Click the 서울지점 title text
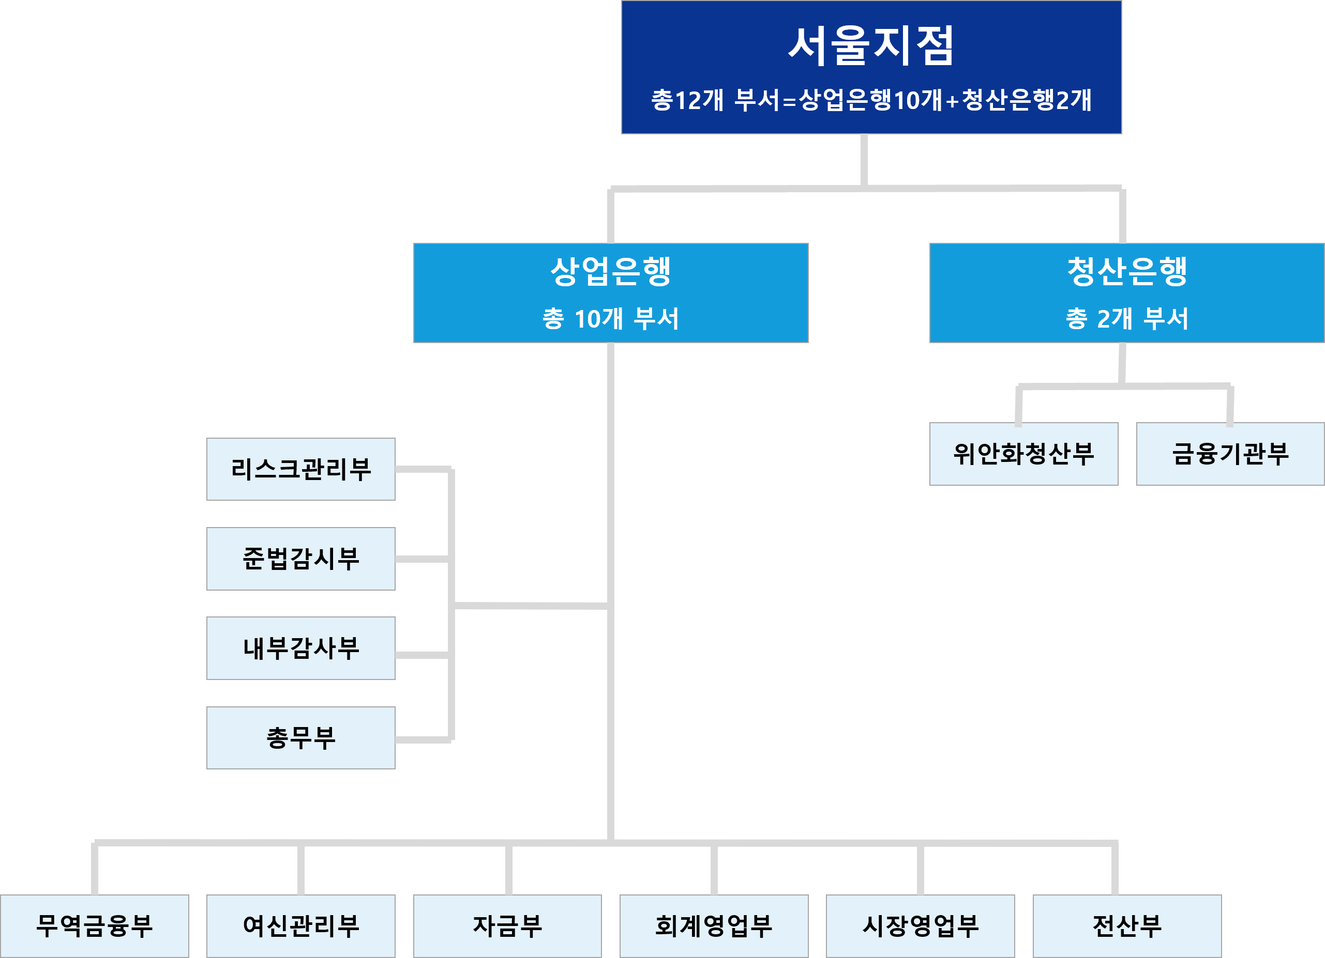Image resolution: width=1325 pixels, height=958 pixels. point(870,45)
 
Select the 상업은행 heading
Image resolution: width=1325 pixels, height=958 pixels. point(610,271)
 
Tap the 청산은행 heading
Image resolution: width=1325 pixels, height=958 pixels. point(1127,271)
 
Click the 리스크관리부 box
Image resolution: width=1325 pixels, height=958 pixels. point(301,469)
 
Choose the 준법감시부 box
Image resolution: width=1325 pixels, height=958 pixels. point(301,559)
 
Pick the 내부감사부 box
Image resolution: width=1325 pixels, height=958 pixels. point(301,648)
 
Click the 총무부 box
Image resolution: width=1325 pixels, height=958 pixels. point(301,738)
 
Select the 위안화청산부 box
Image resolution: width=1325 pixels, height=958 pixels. point(1023,454)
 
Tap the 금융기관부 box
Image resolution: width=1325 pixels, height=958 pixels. point(1230,454)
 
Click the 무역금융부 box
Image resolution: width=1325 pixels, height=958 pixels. point(94,926)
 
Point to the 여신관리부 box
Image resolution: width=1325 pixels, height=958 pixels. point(301,926)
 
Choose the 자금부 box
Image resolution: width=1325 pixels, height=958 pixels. point(507,926)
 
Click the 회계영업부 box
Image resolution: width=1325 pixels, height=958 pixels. point(714,926)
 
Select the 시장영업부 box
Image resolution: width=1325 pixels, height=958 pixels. point(920,926)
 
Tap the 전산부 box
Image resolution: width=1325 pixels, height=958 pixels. point(1127,926)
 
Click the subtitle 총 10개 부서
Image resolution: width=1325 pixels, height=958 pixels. point(610,319)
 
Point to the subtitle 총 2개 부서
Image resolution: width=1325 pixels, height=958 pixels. point(1127,319)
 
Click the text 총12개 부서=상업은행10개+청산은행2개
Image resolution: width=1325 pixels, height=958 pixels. point(870,100)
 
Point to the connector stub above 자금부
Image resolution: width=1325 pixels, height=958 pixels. point(509,870)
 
